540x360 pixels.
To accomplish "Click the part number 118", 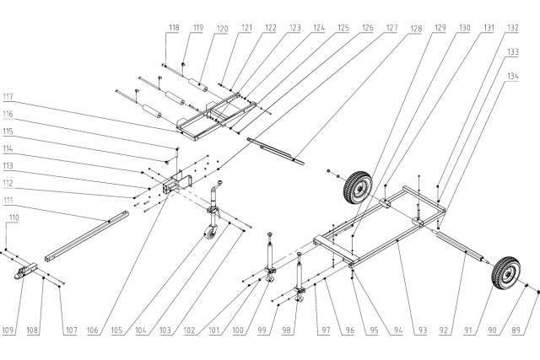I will pyautogui.click(x=173, y=28).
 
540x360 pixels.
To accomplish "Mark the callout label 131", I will pyautogui.click(x=489, y=28).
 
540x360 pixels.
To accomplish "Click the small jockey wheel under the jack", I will pyautogui.click(x=210, y=234).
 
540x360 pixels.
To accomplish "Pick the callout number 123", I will pyautogui.click(x=294, y=28).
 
